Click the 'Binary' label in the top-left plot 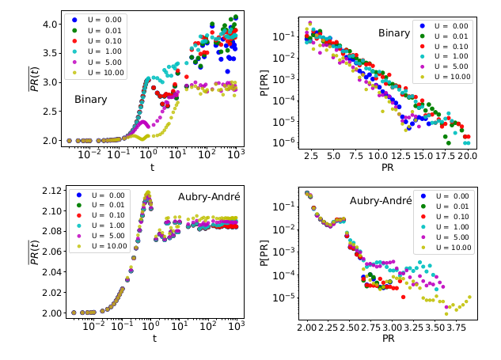pos(91,100)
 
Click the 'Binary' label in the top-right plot pos(393,33)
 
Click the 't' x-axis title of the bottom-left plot pos(155,339)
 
